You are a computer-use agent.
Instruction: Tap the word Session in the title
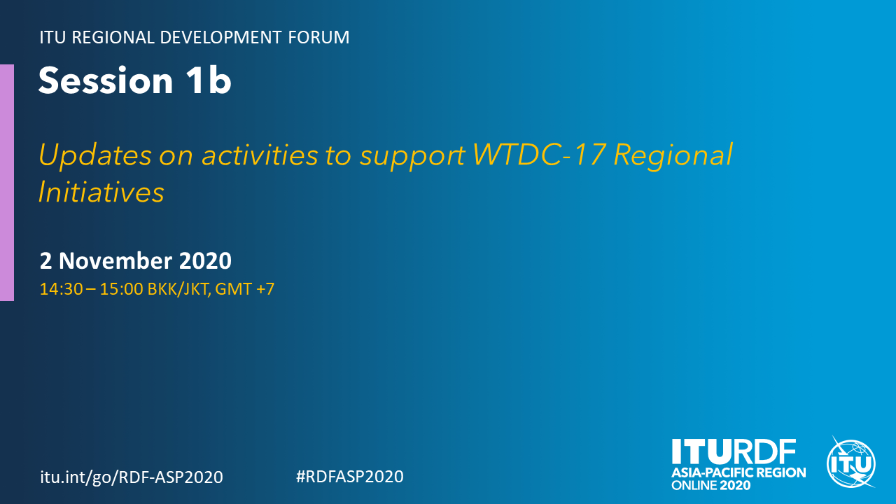(x=106, y=80)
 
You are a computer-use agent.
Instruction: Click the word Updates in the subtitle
(x=95, y=155)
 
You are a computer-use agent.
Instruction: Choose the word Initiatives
(x=101, y=192)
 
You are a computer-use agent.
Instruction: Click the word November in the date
(x=115, y=261)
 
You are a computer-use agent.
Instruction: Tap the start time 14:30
(x=61, y=289)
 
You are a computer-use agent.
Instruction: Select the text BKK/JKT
(x=179, y=289)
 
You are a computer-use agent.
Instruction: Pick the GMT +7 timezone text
(x=245, y=289)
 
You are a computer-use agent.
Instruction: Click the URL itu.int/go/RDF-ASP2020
(x=132, y=477)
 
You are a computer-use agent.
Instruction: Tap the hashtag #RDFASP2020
(x=350, y=477)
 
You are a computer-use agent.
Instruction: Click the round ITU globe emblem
(x=851, y=463)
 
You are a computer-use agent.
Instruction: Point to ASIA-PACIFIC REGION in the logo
(x=738, y=472)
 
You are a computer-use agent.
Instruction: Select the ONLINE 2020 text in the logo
(x=710, y=485)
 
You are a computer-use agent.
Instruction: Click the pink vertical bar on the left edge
(x=7, y=183)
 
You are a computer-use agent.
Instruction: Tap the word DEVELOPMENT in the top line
(x=220, y=37)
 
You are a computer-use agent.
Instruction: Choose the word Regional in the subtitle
(x=673, y=155)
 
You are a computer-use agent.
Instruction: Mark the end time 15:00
(x=121, y=289)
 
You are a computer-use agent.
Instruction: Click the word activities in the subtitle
(x=260, y=155)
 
